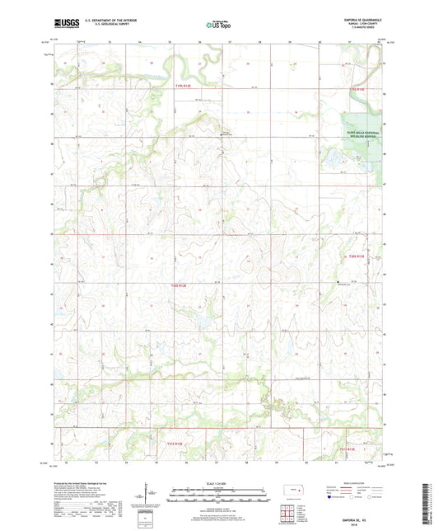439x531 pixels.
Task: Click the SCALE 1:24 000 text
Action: pos(218,482)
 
